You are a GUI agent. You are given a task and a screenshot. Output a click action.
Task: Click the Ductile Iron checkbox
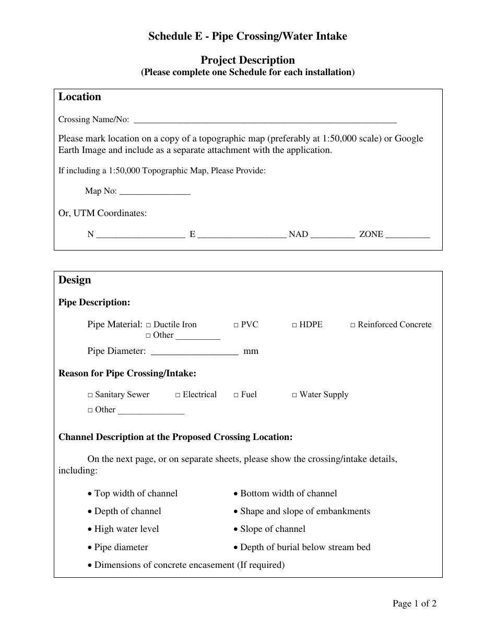click(x=149, y=325)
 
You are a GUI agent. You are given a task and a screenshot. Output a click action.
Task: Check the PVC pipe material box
click(x=236, y=325)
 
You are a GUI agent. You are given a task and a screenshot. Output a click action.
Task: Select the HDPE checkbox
click(x=294, y=325)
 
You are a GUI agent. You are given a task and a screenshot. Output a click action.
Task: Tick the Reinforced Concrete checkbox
click(x=353, y=325)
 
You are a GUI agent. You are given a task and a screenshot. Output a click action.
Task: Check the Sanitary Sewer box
click(x=90, y=395)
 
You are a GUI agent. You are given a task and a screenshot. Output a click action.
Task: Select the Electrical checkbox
click(x=178, y=395)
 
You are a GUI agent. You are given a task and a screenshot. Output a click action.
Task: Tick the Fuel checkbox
click(x=236, y=395)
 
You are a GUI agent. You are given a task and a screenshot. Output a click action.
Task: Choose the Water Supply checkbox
click(x=294, y=395)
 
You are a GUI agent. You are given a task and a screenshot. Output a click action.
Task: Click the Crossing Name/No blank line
click(x=265, y=121)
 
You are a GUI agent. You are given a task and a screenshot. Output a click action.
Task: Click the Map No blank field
click(x=155, y=192)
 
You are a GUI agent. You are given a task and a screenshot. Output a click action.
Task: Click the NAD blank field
click(x=333, y=235)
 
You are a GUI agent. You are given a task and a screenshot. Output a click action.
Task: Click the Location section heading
click(x=80, y=97)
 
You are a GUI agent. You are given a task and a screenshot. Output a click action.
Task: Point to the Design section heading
click(x=75, y=280)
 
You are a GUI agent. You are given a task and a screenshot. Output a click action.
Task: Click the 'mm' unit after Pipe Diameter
click(x=251, y=351)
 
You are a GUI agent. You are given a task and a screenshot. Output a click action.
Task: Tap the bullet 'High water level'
click(x=126, y=529)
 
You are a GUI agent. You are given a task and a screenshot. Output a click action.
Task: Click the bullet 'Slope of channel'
click(x=273, y=529)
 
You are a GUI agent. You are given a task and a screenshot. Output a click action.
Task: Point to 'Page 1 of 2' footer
click(x=415, y=604)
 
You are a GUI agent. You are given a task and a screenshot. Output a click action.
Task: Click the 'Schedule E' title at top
click(x=247, y=36)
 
